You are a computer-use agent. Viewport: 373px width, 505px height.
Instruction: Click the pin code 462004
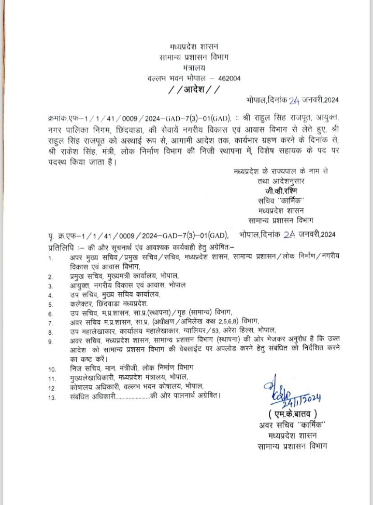click(x=229, y=77)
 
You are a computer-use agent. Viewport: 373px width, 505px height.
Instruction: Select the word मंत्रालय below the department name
click(x=194, y=67)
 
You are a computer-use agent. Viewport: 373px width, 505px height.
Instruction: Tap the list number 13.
click(x=51, y=398)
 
